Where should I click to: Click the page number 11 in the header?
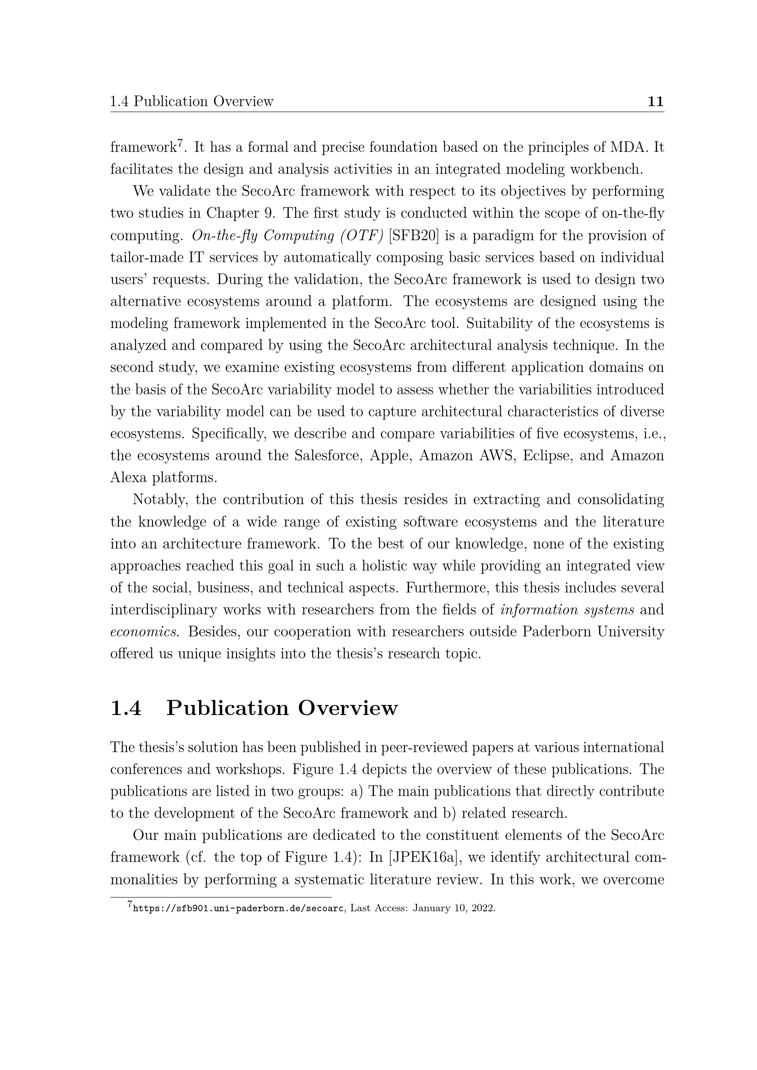point(655,102)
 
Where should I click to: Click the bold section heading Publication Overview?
point(282,708)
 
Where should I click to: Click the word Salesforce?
point(328,455)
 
